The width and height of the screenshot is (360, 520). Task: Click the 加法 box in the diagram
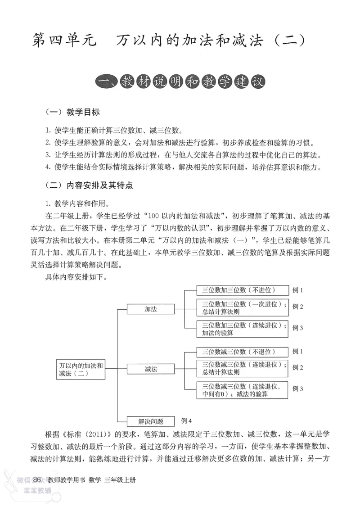[150, 309]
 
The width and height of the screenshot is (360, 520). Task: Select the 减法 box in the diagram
[150, 369]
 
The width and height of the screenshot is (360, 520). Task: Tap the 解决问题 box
[150, 421]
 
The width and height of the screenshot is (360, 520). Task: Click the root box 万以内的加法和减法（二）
[81, 369]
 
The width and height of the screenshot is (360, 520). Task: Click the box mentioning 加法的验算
[242, 329]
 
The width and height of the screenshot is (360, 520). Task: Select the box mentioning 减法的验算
[242, 390]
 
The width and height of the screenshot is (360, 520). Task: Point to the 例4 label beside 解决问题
[186, 421]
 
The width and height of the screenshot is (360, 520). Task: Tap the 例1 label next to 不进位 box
[298, 290]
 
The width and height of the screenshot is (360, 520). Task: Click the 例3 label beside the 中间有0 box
[298, 389]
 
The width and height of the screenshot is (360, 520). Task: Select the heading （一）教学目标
[72, 112]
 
